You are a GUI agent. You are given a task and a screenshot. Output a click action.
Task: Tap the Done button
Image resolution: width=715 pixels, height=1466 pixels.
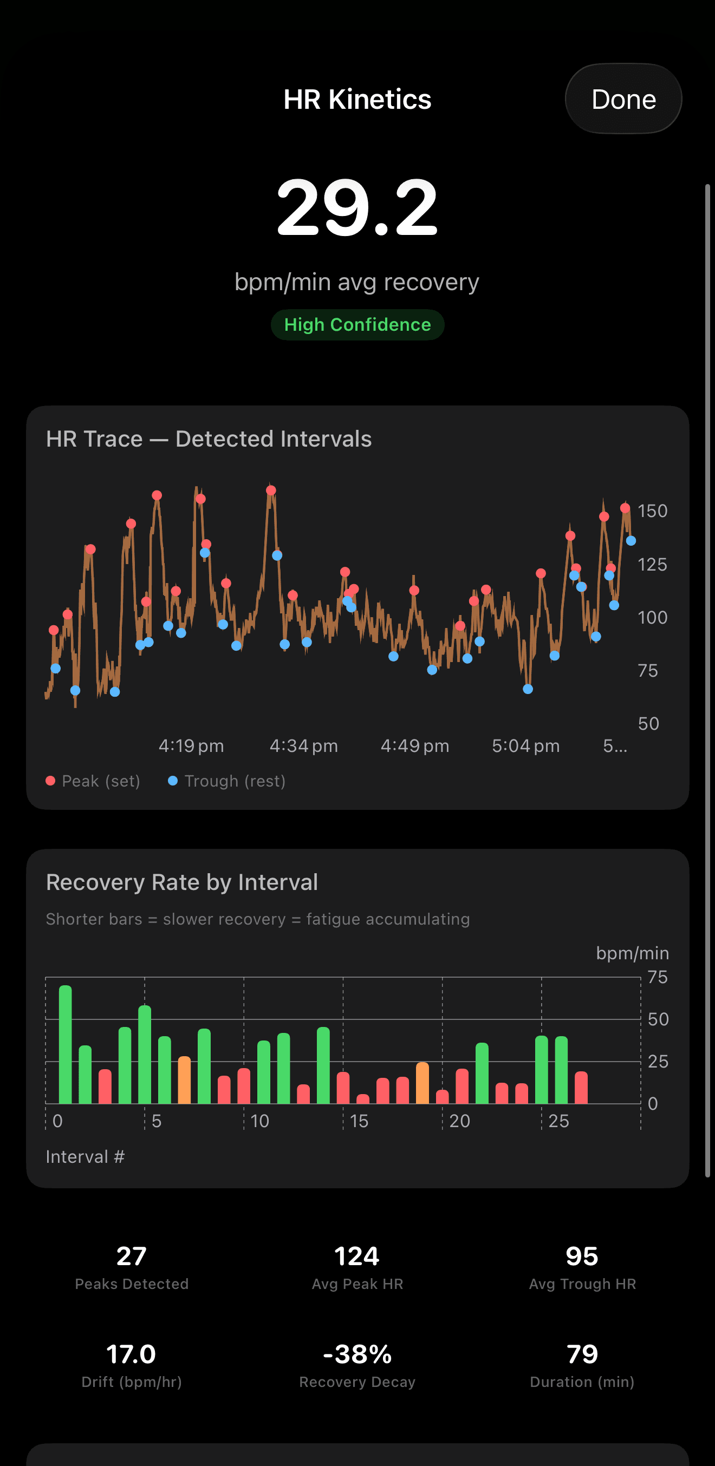click(623, 99)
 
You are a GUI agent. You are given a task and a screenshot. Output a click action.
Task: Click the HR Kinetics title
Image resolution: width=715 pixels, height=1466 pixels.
click(357, 100)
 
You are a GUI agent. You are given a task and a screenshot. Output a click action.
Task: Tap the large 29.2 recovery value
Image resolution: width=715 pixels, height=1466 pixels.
click(357, 207)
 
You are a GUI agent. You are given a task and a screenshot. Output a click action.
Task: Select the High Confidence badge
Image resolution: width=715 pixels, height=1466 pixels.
click(357, 325)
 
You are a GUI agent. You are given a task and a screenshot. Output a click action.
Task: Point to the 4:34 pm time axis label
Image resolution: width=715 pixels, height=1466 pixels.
click(303, 745)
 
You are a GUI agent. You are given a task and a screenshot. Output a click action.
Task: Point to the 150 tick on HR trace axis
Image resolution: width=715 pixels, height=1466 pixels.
click(652, 511)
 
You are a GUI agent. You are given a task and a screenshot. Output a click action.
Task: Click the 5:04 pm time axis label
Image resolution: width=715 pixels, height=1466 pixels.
click(525, 745)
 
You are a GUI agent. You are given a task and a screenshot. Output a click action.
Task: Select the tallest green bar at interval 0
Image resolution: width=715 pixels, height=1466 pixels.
click(66, 1044)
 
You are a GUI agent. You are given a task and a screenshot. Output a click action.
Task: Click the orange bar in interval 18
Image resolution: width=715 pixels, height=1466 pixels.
click(422, 1083)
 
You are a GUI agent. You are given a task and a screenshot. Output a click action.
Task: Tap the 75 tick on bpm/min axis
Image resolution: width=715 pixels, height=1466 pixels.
click(658, 978)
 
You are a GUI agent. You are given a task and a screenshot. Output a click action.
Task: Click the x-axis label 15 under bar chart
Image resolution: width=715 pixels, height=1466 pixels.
click(359, 1121)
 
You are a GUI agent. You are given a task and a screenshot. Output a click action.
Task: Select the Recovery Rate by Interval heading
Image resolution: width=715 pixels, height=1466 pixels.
click(181, 882)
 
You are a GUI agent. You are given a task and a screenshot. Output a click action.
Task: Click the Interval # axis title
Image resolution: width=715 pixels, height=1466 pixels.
click(85, 1157)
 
